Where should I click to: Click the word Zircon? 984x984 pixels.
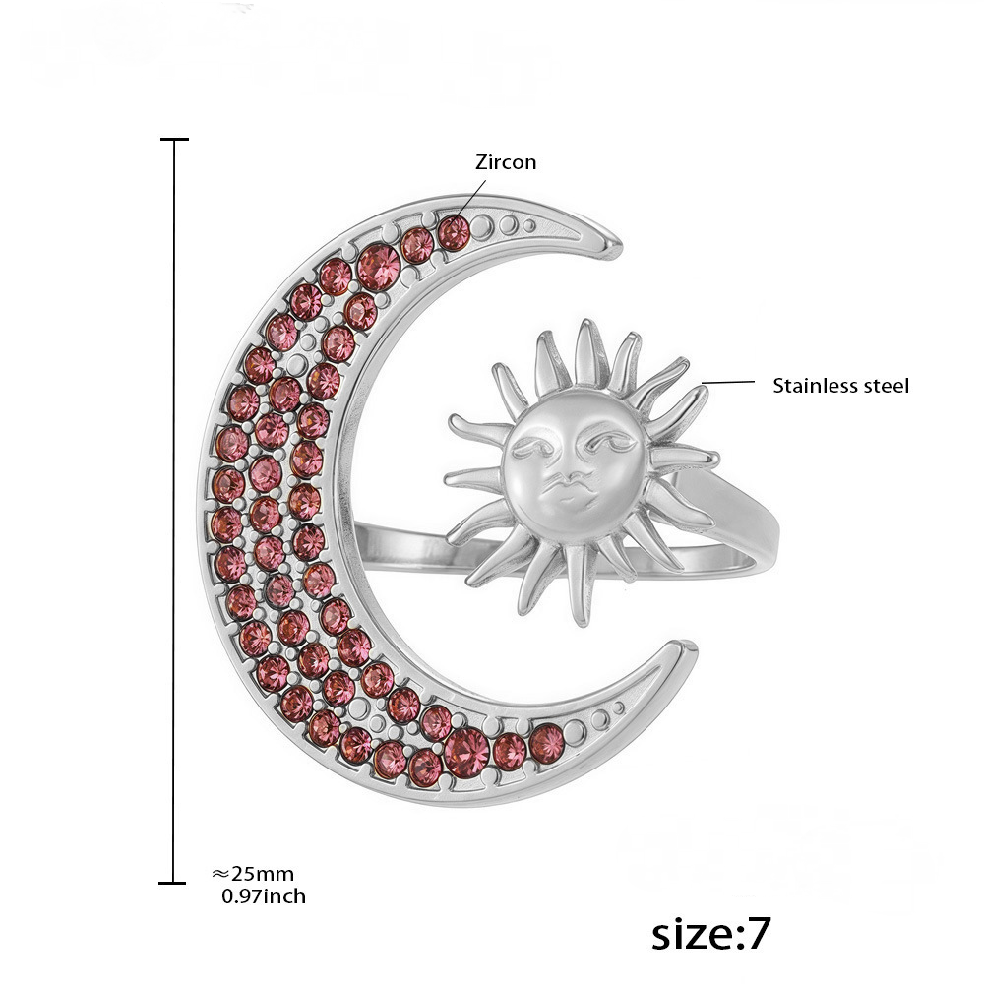[x=506, y=162]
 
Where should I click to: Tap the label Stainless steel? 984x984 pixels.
[x=840, y=386]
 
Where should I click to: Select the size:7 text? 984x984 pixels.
[x=710, y=933]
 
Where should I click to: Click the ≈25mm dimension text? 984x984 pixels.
[x=253, y=874]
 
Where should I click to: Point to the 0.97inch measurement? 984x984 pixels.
[x=264, y=896]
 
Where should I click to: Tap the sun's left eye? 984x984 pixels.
[x=532, y=447]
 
